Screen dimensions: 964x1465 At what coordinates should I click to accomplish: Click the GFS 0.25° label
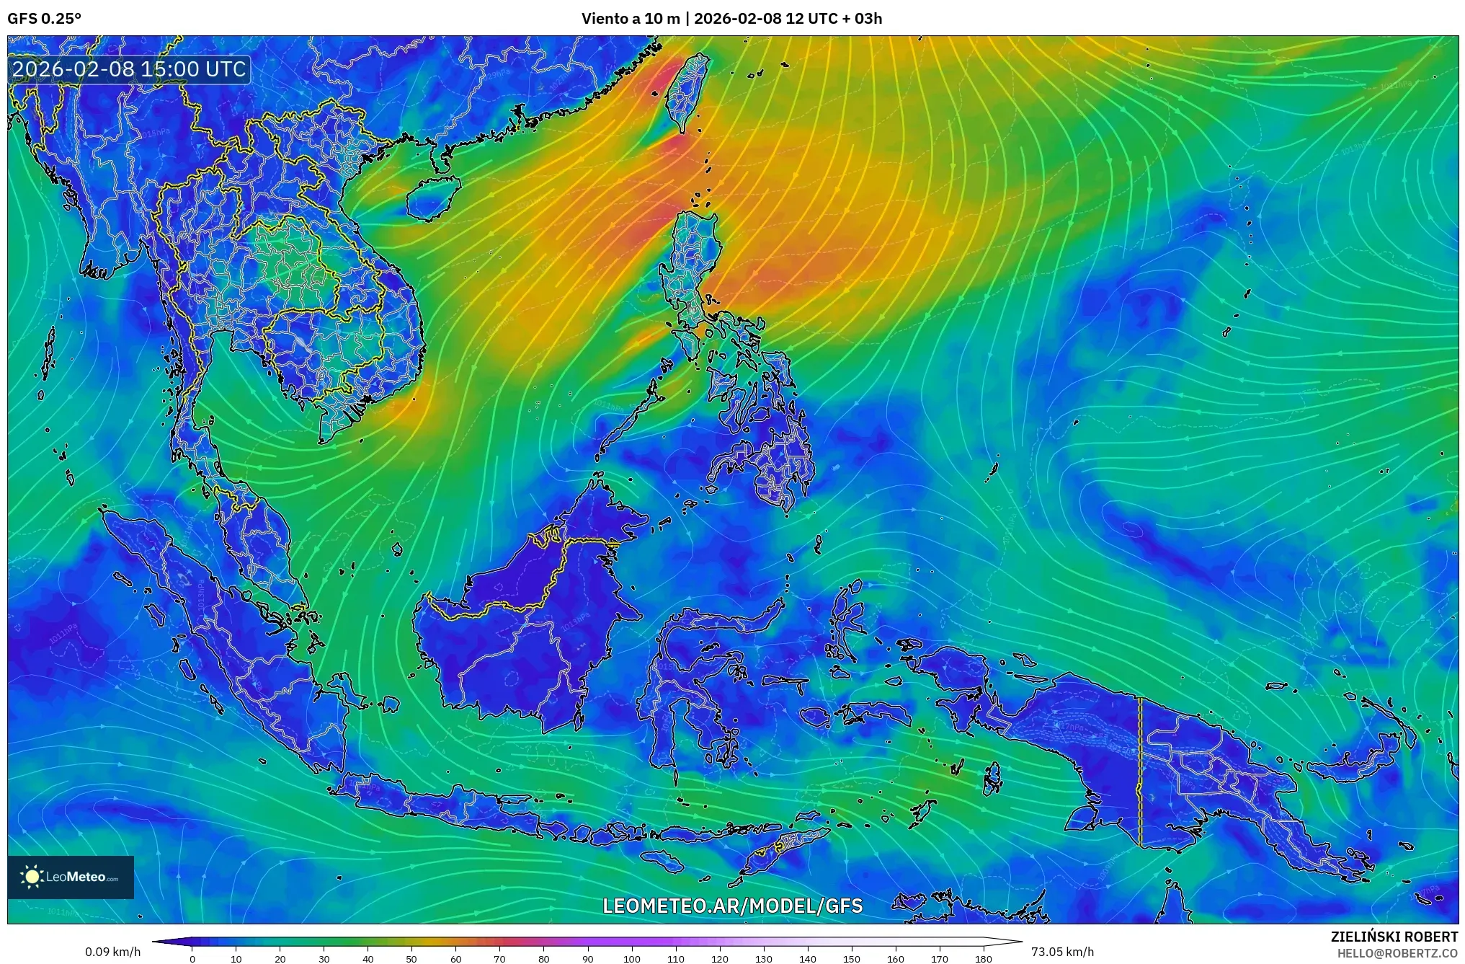pos(44,19)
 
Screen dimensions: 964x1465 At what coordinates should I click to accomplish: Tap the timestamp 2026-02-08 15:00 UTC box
pos(130,69)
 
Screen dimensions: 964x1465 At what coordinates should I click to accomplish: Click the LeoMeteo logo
pos(71,877)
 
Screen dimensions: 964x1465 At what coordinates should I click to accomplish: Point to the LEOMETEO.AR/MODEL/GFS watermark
pos(732,906)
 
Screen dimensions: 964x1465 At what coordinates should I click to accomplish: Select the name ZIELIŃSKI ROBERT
pos(1394,937)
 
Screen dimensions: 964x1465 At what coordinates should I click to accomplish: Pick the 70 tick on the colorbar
pos(499,958)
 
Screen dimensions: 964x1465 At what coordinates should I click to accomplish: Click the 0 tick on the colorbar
pos(192,958)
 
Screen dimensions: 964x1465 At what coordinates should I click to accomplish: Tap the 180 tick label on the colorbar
pos(983,958)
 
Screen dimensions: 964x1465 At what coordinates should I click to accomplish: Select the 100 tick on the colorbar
pos(631,958)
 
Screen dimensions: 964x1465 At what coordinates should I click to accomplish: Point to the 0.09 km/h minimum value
pos(112,952)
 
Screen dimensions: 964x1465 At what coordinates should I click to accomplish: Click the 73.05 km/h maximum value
pos(1062,952)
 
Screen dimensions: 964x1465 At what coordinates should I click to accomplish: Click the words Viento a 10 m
pos(631,19)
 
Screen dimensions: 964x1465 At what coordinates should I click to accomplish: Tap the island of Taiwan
pos(685,94)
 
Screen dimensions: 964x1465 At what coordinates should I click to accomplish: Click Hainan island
pos(432,198)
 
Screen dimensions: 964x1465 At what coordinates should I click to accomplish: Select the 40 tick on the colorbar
pos(368,958)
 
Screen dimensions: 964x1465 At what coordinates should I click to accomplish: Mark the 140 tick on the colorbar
pos(807,958)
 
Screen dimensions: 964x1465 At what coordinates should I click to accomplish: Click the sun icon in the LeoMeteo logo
pos(32,877)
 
